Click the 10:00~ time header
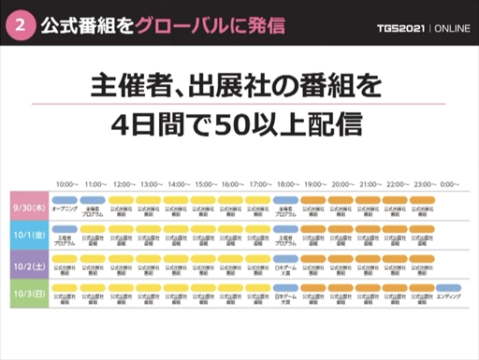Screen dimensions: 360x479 (66, 184)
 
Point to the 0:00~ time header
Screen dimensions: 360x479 (449, 184)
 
